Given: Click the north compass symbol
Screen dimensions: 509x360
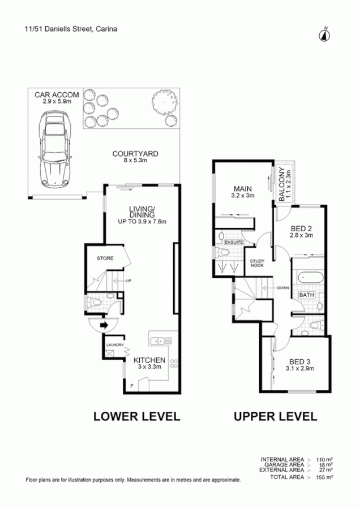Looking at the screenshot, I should coord(325,33).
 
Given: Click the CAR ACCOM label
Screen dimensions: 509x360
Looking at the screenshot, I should coord(57,94).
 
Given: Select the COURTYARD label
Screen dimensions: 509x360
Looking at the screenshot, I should coord(135,153).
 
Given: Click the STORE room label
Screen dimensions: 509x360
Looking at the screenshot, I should coord(105,258).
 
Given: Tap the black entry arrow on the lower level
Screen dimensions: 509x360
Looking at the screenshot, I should coord(104,325).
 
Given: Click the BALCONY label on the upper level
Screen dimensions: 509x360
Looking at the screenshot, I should coord(284,186).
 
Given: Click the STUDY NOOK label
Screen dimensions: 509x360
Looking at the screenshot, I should coord(258,264).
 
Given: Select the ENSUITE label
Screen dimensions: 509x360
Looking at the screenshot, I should coord(233,242).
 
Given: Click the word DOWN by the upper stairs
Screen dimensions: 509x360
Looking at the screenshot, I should coord(284,288).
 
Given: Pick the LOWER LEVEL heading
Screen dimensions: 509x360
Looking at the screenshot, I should coord(136,417).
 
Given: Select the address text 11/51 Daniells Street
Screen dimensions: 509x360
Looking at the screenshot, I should coord(58,29).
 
